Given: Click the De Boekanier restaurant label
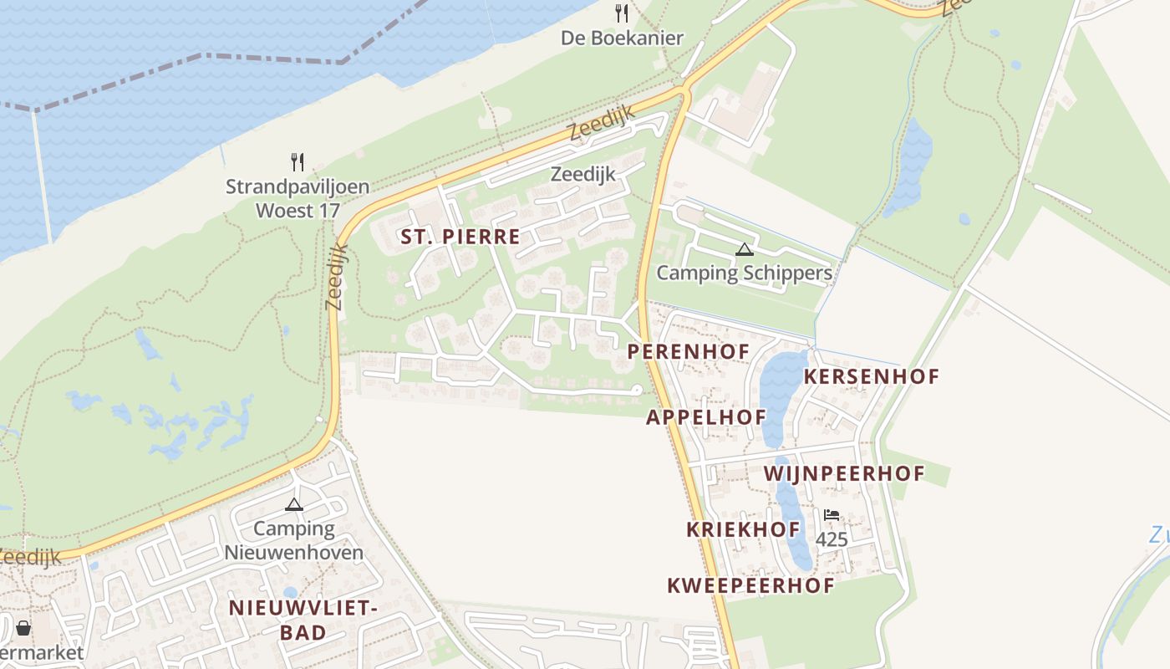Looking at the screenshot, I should coord(622,38).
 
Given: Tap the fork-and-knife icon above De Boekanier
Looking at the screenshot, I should coord(621,13).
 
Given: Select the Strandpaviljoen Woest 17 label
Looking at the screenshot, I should coord(298,198).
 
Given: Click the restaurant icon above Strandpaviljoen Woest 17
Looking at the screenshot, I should coord(298,161).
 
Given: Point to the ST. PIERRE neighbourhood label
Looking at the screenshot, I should coord(460,237).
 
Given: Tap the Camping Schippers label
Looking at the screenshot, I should coord(744,273).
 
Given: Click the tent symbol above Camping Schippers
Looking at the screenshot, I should coord(745,249).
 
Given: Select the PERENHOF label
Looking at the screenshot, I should coord(689,351).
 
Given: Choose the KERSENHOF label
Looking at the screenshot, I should coord(872,376).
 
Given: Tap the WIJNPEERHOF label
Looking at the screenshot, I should coord(844,474).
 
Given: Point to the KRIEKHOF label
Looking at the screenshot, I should coord(743,529).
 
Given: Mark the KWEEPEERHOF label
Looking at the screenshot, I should coord(750,585).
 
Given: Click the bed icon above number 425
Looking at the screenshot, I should coord(831,515).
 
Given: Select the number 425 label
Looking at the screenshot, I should coord(832,539).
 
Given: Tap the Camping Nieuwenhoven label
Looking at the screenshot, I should coord(293,540).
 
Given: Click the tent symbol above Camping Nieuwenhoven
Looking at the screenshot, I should coord(293,504).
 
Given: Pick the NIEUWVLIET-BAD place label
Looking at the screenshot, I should coord(303,620).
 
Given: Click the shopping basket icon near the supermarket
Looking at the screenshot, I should coord(23,627).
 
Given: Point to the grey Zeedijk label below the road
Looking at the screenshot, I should coord(582,174).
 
